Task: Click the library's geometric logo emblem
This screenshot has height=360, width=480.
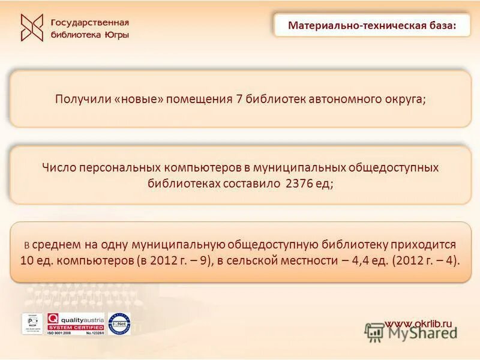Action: [32, 28]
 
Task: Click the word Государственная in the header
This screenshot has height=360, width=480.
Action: [90, 22]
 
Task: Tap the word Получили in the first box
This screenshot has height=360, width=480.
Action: [82, 99]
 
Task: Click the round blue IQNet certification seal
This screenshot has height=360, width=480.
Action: [119, 324]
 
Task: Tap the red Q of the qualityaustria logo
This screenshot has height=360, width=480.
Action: [53, 320]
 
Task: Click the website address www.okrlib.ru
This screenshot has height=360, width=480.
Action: [420, 324]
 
